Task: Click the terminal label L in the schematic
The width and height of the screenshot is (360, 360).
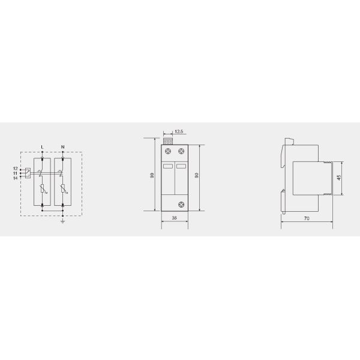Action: point(41,146)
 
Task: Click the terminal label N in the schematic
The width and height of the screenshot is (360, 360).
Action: point(62,146)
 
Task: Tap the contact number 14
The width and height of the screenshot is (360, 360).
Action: point(15,177)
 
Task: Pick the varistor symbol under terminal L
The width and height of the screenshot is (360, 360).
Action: point(41,192)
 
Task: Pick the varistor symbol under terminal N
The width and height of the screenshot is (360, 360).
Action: point(62,192)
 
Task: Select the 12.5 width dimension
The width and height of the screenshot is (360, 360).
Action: point(179,131)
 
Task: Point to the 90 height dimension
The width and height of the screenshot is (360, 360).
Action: point(197,175)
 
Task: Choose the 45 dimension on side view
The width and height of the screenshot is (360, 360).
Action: point(340,178)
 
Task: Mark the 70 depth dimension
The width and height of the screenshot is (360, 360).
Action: point(307,220)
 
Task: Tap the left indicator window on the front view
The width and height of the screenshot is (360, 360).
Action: point(169,166)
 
